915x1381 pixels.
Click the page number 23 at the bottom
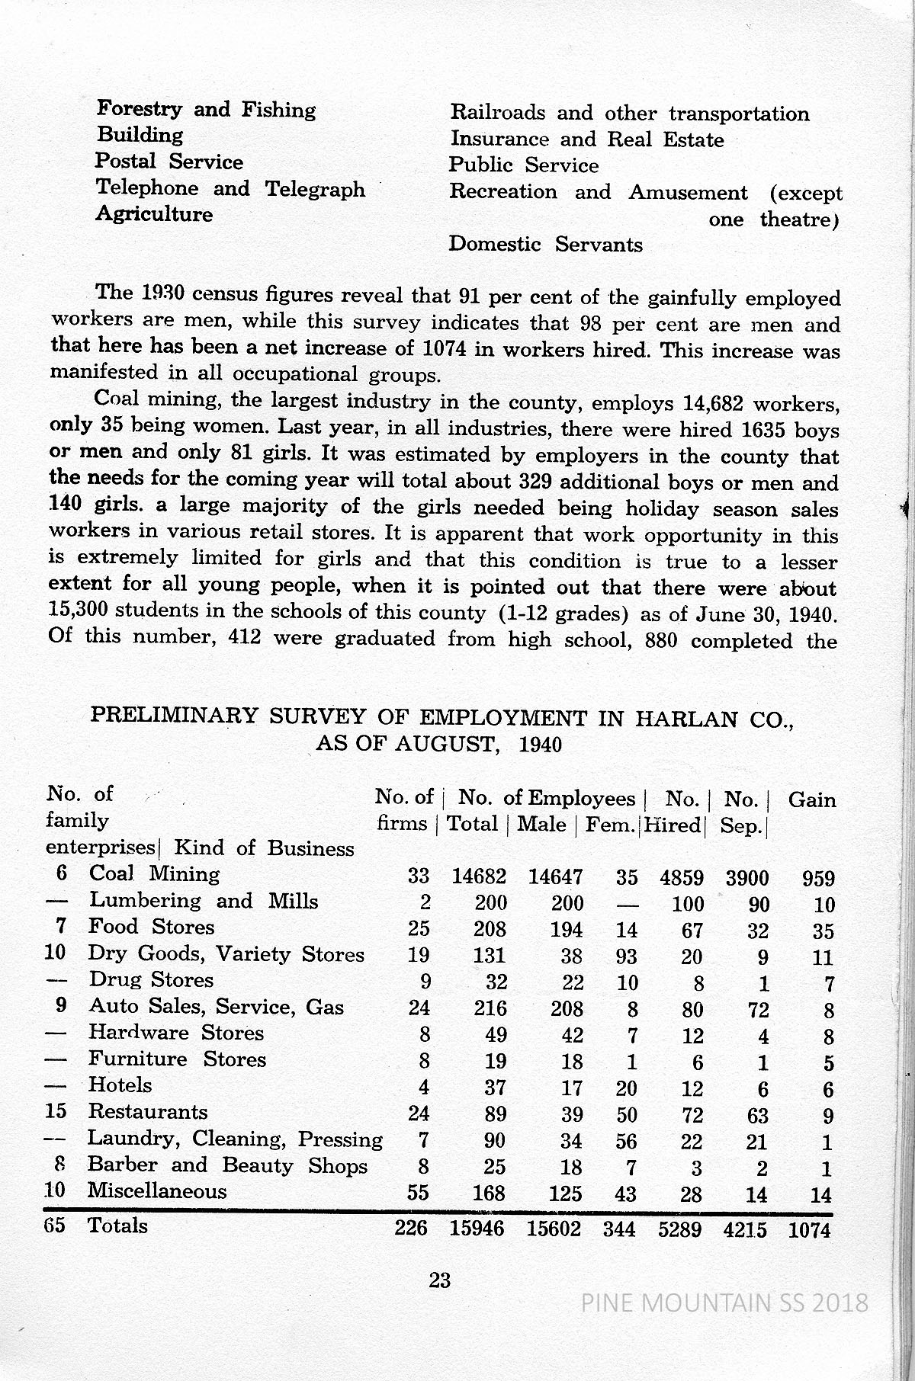[440, 1280]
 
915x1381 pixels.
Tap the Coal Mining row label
[155, 874]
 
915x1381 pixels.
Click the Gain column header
[812, 799]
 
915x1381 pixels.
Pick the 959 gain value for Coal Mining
[818, 879]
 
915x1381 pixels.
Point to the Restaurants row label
[148, 1112]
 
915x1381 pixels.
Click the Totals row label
[118, 1225]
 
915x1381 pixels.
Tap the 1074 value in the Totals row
[808, 1229]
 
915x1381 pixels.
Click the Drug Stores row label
[151, 980]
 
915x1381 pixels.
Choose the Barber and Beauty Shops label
[227, 1165]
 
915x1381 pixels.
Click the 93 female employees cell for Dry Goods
[626, 956]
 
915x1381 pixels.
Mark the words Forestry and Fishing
[206, 110]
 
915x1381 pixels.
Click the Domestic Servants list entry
[545, 245]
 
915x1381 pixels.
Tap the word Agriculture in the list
[154, 214]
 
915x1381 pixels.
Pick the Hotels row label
[120, 1085]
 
